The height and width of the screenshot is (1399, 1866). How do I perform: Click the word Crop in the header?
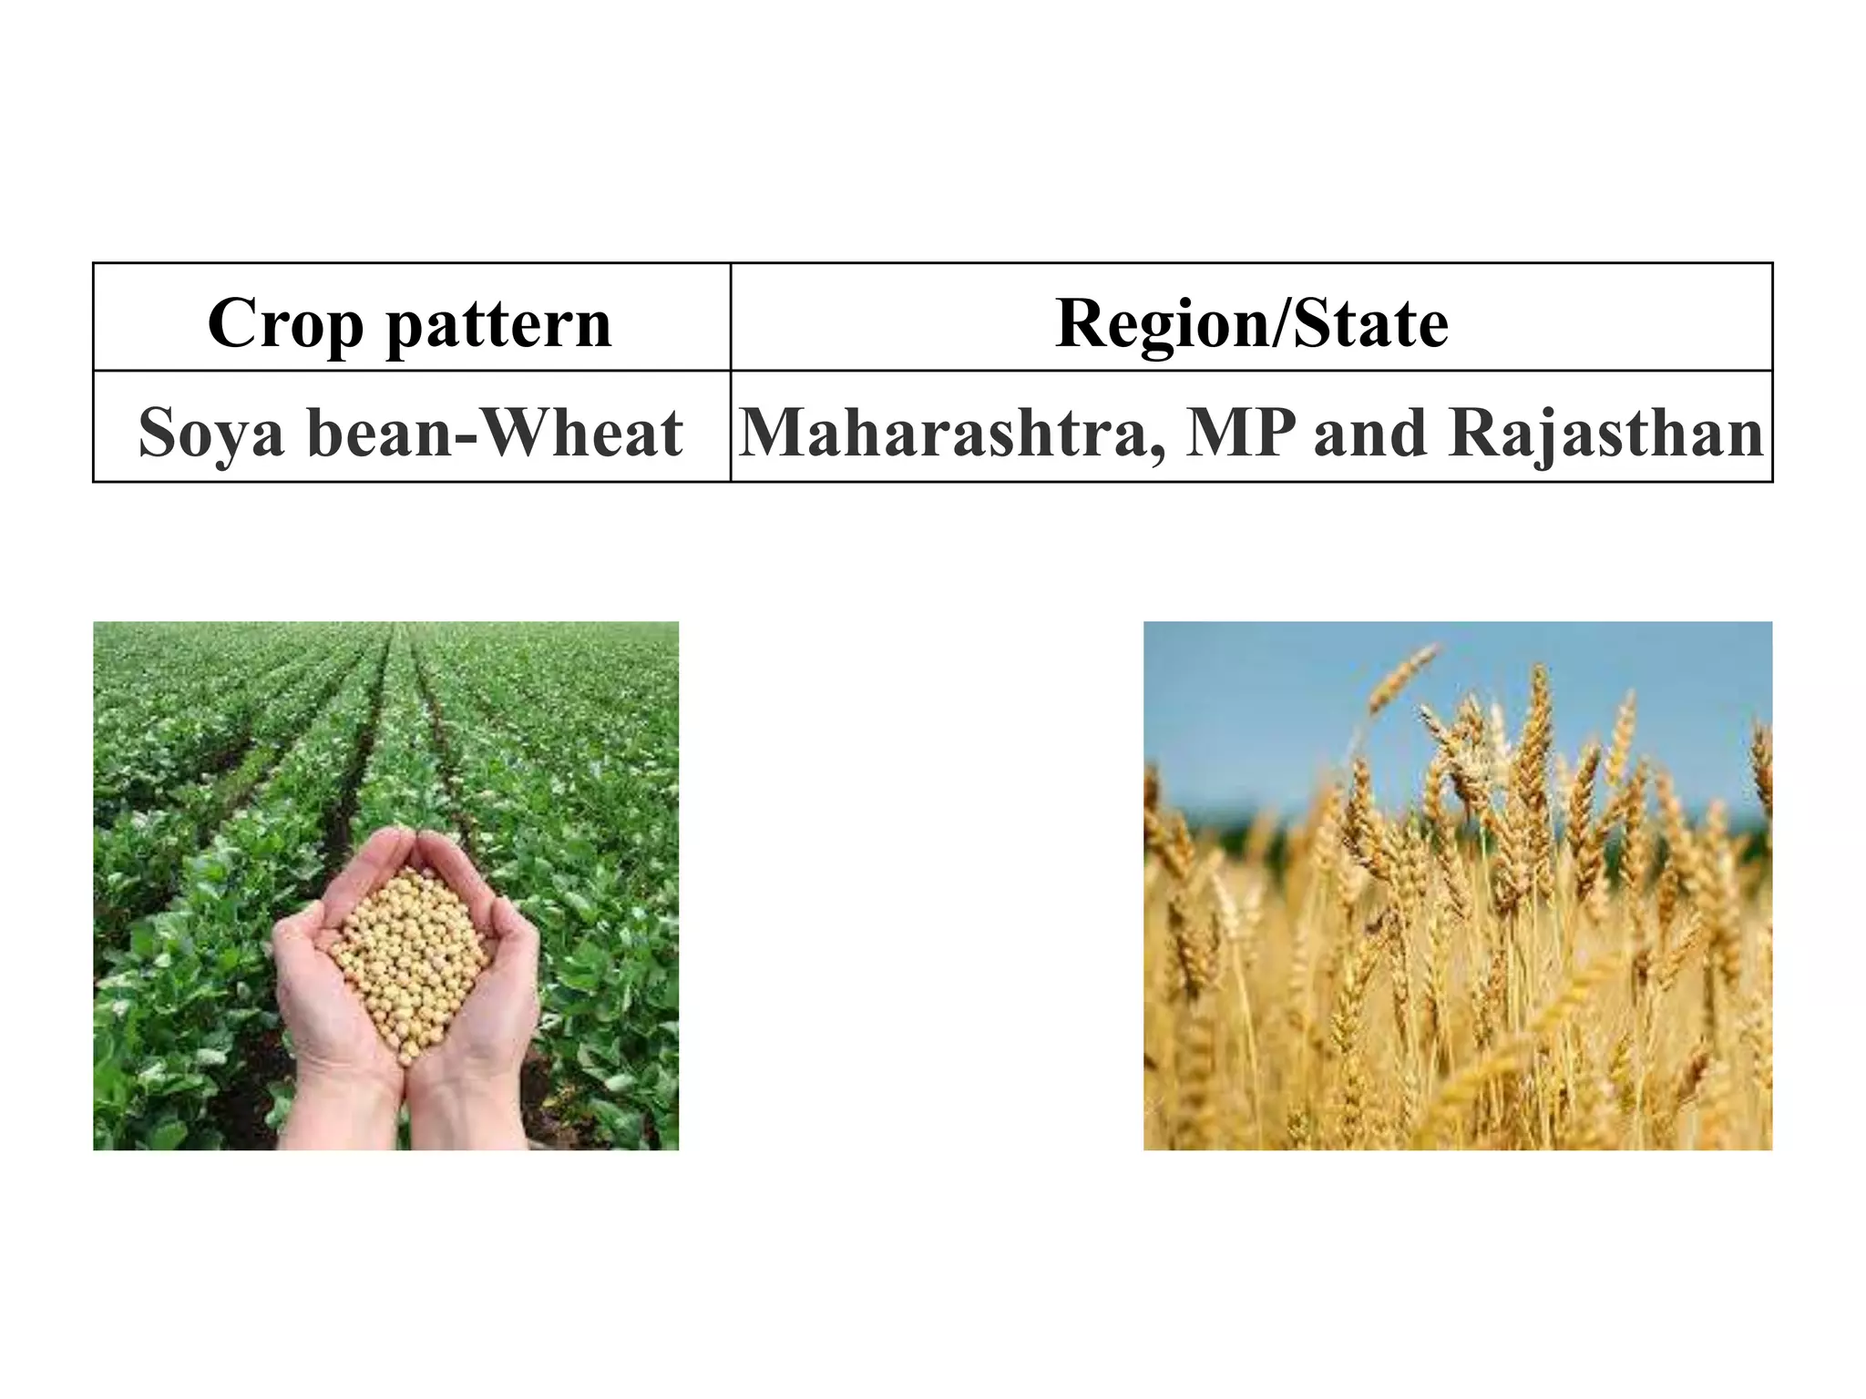point(285,323)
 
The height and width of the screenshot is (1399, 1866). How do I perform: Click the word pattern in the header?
point(498,323)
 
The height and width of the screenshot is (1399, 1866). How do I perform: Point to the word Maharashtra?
point(949,432)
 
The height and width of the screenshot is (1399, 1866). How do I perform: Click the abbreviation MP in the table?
point(1240,432)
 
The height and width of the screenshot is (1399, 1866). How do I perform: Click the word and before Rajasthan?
point(1370,432)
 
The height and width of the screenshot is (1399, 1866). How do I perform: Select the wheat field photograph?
point(1458,956)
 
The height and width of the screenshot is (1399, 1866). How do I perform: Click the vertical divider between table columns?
point(731,373)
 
